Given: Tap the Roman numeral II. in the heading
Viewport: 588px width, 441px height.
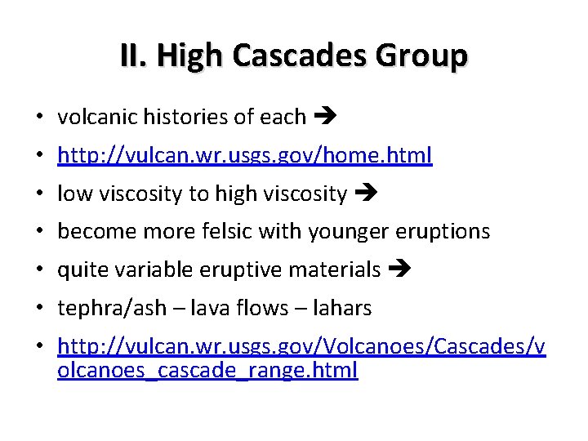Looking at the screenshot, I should (x=135, y=56).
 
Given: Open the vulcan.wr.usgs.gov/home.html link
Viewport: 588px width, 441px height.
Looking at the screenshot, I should (x=245, y=155).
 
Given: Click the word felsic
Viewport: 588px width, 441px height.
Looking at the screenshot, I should (x=231, y=232).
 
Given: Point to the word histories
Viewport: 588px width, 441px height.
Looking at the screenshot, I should (x=188, y=118).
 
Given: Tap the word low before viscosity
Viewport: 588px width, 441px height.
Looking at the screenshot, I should (x=73, y=194).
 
